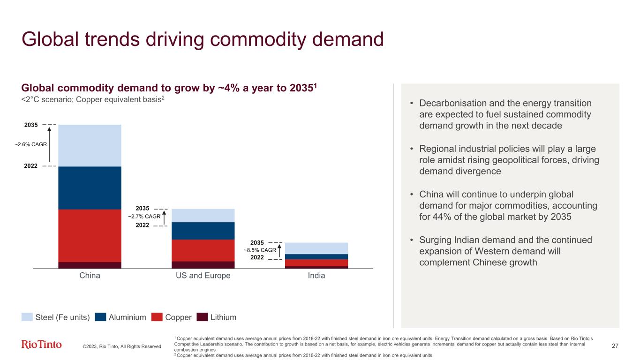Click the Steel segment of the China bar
pos(90,145)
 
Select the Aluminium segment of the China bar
pos(90,187)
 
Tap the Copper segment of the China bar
pos(90,235)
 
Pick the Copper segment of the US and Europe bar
pos(203,250)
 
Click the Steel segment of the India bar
pos(316,248)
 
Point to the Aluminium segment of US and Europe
pos(203,231)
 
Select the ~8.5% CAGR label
pos(260,250)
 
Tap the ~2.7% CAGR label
pos(144,217)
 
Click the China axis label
pos(90,276)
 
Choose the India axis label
pos(316,276)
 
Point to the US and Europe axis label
pos(203,276)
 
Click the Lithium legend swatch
pos(202,317)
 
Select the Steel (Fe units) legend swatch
pos(27,317)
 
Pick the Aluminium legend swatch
pos(100,317)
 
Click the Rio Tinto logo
pos(42,345)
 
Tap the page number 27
pos(616,346)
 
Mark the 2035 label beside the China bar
pos(31,125)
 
